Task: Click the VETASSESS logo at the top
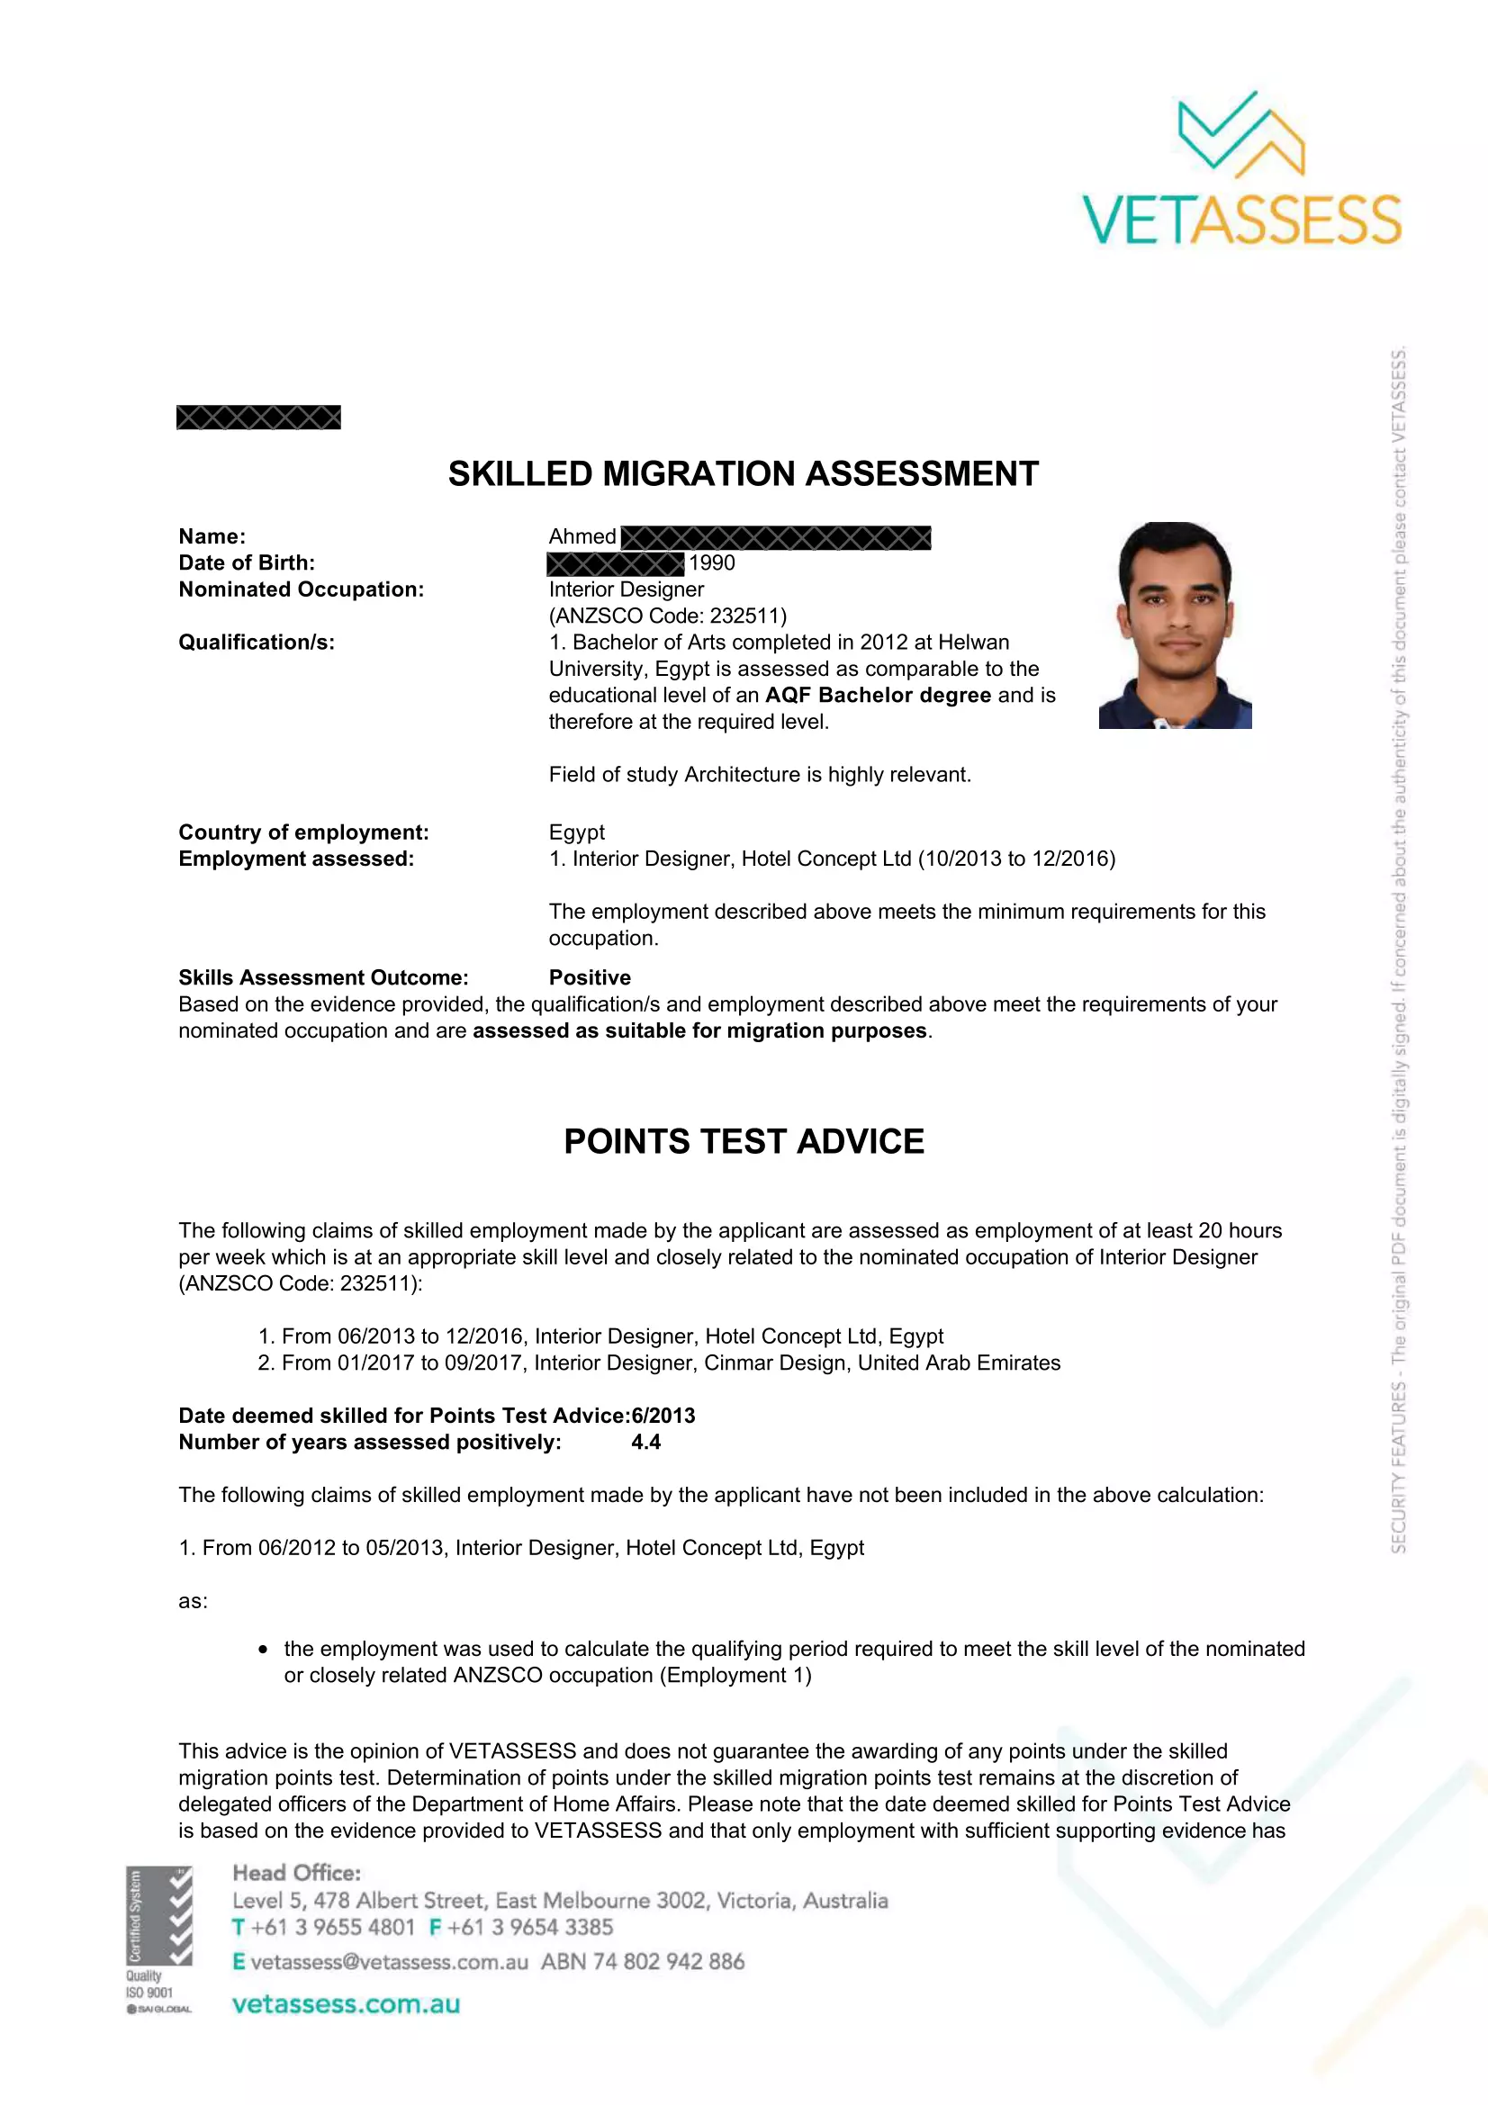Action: tap(1241, 169)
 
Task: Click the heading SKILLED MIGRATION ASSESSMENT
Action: tap(743, 474)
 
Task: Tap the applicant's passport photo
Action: tap(1175, 625)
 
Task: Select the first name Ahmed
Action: tap(582, 536)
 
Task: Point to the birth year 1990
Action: tap(712, 562)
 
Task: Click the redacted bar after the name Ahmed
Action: tap(776, 537)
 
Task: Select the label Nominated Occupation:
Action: tap(301, 589)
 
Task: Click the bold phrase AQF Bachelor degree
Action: tap(878, 695)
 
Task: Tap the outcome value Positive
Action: tap(590, 977)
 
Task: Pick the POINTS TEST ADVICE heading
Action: tap(744, 1141)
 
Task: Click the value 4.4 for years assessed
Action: tap(645, 1442)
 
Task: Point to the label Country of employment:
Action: tap(303, 832)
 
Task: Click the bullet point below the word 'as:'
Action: tap(263, 1650)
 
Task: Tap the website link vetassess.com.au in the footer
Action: tap(346, 2004)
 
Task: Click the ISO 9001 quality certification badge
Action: tap(158, 1939)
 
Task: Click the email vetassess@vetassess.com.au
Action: tap(389, 1962)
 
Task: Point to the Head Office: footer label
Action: tap(296, 1873)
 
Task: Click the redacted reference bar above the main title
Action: tap(258, 418)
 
